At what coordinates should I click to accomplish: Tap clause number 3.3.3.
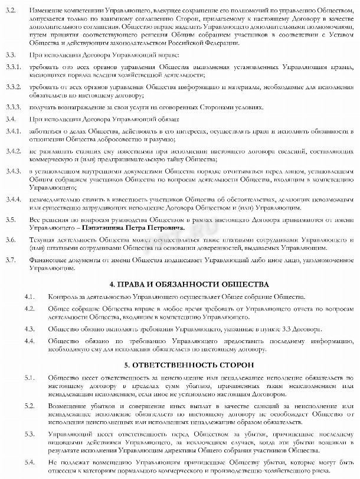11,108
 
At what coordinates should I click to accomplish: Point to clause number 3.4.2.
11,151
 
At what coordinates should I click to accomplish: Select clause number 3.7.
9,260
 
